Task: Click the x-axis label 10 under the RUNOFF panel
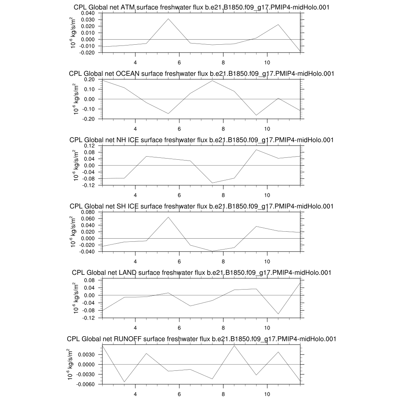[267, 394]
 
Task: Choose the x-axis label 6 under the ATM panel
[179, 62]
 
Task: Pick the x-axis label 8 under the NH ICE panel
[223, 195]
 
